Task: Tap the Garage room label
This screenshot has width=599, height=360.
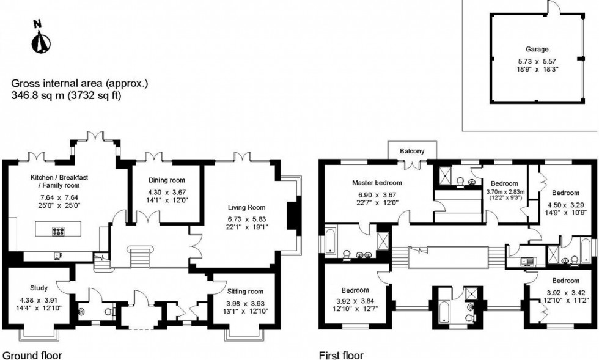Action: tap(537, 49)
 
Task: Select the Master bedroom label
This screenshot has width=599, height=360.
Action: tap(377, 183)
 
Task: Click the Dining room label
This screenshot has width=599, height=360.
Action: tap(167, 180)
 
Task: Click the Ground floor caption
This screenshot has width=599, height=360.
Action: tap(32, 354)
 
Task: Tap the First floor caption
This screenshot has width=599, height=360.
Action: tap(340, 354)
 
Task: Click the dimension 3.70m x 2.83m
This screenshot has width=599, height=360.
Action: tap(504, 191)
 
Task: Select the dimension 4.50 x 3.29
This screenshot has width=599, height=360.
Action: tap(561, 205)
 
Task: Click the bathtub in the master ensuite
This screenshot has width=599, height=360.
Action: tap(329, 240)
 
